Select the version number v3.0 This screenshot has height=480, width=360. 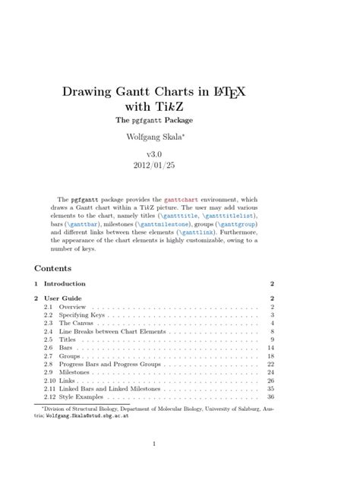(179, 153)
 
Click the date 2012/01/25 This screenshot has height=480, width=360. (180, 165)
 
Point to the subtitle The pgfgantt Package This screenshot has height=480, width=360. (180, 120)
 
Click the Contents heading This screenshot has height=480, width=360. (53, 268)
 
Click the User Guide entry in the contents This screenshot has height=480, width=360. (66, 298)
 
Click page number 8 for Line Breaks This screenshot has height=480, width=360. (271, 332)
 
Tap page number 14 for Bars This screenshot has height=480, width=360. (270, 348)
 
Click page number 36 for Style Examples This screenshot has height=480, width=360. (270, 398)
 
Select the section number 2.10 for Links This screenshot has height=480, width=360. (50, 381)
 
